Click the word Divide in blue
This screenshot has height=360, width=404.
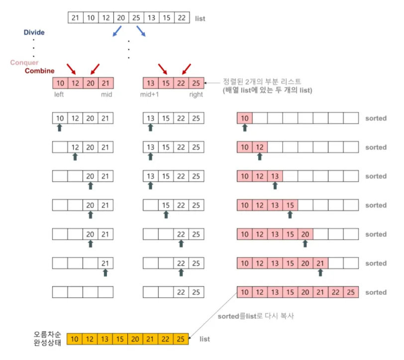(x=34, y=32)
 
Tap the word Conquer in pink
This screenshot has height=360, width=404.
(x=24, y=63)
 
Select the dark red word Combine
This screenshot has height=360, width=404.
(x=40, y=71)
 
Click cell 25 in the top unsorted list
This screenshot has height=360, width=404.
(x=136, y=18)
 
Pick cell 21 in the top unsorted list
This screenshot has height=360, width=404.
(x=76, y=18)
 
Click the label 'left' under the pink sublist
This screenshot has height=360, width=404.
(x=60, y=94)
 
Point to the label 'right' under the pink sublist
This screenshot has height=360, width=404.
(x=196, y=94)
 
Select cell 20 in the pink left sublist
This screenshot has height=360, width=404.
(x=90, y=83)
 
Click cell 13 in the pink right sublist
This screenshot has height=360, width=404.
(x=151, y=83)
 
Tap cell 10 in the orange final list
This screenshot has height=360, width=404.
(x=75, y=339)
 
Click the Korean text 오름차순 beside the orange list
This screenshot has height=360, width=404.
(x=46, y=334)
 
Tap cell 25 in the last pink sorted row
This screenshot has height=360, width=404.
(x=350, y=292)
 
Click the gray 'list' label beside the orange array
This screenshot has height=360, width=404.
(x=204, y=339)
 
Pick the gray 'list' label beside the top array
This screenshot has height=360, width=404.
(x=200, y=18)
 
